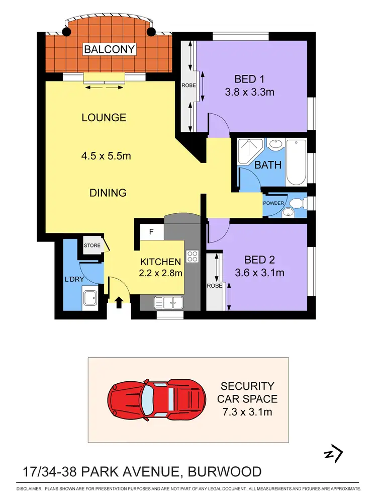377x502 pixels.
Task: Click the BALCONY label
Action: pos(110,49)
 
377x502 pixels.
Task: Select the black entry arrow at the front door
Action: pos(119,302)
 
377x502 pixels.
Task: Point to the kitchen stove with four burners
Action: pos(193,257)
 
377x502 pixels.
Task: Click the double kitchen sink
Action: pos(168,302)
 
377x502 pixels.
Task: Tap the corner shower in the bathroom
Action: pos(250,150)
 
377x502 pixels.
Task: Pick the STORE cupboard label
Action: pos(92,246)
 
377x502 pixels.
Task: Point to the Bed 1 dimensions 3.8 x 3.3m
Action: pos(249,93)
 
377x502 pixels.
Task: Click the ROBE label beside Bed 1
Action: pos(189,86)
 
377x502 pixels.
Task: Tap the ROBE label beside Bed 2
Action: pos(214,286)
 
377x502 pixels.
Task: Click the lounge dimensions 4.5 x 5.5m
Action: pos(106,156)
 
